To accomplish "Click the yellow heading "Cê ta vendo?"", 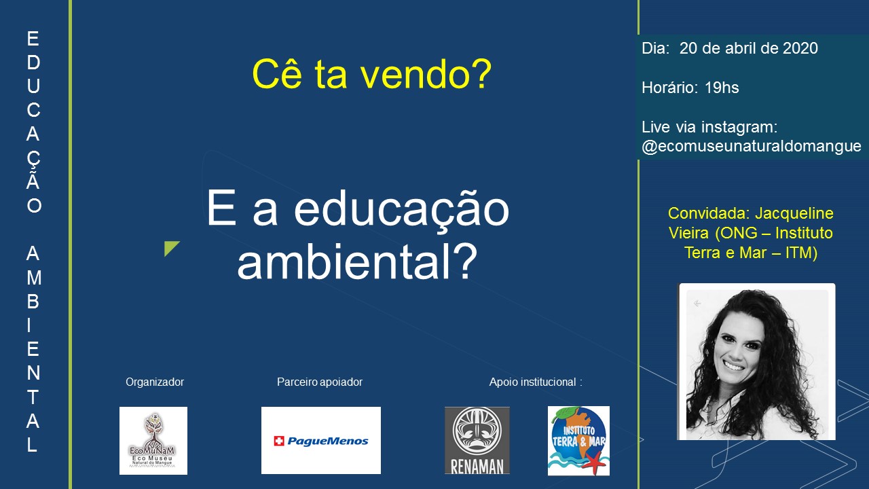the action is point(371,74).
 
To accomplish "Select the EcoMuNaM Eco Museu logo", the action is point(153,441).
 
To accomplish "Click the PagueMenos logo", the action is point(321,440).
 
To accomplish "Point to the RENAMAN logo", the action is point(477,441).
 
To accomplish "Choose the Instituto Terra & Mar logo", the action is point(578,441).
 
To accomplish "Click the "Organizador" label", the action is point(155,382).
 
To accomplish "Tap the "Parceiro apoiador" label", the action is point(320,382).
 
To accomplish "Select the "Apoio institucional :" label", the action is point(536,382).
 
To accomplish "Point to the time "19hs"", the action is point(722,88).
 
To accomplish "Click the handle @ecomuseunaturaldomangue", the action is point(752,146).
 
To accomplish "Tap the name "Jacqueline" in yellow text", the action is point(794,213).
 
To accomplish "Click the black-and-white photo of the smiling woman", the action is point(756,362).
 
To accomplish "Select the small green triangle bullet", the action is point(170,247).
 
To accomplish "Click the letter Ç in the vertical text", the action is point(33,159).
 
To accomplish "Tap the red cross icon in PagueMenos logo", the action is point(279,441).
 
